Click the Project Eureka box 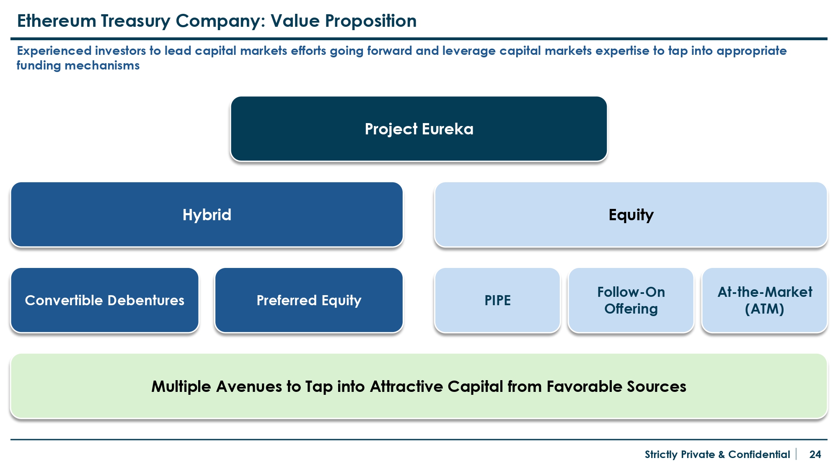coord(419,129)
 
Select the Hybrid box coord(207,214)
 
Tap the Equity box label coord(631,215)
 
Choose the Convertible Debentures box coord(105,300)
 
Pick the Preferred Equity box coord(309,300)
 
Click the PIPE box coord(497,300)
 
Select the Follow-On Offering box coord(631,300)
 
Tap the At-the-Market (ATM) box coord(765,300)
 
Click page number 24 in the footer coord(815,454)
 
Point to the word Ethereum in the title coord(57,21)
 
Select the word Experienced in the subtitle coord(54,51)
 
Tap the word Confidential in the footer coord(759,454)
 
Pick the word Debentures coord(145,300)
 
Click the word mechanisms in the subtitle coord(102,66)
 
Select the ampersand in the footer coord(722,455)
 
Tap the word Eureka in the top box coord(448,129)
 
